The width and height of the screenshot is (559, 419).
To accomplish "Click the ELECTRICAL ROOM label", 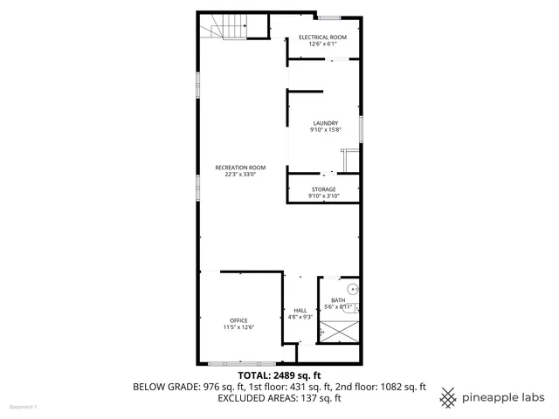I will click(322, 38).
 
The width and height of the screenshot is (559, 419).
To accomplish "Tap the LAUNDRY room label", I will click(325, 123).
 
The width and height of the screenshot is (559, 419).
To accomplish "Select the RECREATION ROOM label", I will click(240, 167).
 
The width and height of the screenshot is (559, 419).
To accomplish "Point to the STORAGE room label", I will click(323, 189).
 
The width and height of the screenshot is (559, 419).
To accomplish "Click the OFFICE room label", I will click(238, 320).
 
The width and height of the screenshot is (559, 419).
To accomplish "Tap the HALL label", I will click(300, 310).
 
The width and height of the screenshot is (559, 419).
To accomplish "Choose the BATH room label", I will click(337, 300).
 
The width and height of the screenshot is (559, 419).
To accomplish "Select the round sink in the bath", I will click(352, 287).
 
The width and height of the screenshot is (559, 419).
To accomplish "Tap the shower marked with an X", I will click(339, 330).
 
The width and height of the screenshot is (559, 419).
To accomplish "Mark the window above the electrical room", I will click(328, 17).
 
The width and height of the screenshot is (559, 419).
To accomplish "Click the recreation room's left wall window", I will click(199, 86).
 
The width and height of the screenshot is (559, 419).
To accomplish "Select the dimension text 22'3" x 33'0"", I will click(240, 174).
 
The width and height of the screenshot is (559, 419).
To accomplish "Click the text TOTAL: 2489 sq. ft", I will click(279, 375).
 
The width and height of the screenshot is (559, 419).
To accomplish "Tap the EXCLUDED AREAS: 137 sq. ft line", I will click(279, 398).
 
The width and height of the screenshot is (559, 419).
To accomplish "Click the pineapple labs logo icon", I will click(448, 396).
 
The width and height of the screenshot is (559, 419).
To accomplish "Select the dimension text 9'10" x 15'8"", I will click(325, 130).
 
